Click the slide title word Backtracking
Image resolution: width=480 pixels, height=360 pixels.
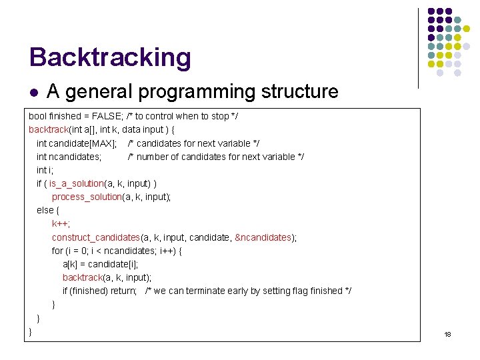(x=110, y=57)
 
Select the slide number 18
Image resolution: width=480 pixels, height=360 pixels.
(x=447, y=334)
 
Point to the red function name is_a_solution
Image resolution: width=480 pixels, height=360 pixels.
(x=76, y=183)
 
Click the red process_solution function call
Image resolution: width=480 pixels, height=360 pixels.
(x=87, y=197)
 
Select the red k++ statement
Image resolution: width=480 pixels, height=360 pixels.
(x=61, y=224)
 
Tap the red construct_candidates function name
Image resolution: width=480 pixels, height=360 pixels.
(x=95, y=237)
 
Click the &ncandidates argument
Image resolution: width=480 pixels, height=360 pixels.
(x=264, y=237)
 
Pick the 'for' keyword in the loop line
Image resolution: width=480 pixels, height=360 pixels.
(x=57, y=251)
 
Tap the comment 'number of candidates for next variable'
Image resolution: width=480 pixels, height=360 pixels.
(x=216, y=157)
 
